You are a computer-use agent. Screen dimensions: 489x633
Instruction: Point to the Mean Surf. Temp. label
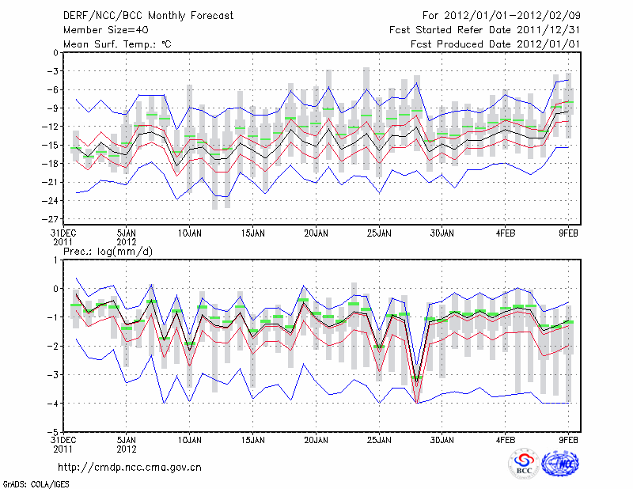117,44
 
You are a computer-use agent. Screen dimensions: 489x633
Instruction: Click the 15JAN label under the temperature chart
252,234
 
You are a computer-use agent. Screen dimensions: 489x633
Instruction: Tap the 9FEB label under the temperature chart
568,234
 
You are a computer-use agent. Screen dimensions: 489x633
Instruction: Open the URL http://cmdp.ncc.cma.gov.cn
130,467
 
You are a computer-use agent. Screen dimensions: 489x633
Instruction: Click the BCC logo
524,464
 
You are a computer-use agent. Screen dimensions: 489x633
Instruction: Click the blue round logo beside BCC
559,464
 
